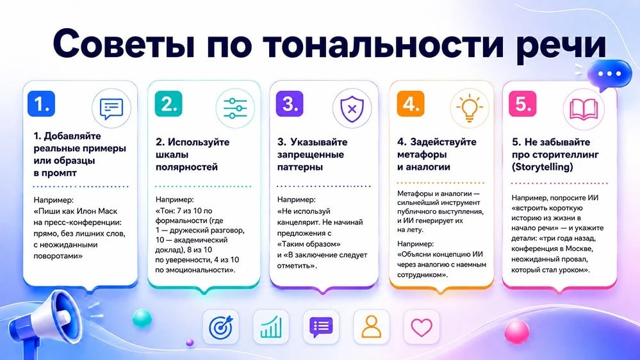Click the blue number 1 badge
pos(41,104)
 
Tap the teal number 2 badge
pos(168,104)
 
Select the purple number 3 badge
pos(290,104)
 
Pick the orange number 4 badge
pos(411,104)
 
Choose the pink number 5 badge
pos(523,104)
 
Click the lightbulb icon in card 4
pos(470,108)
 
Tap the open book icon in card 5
pos(584,110)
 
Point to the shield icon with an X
pos(352,108)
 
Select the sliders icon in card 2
pos(235,108)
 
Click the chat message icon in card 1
pos(111,108)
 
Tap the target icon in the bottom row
pos(221,327)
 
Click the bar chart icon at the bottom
pos(271,327)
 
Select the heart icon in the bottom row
pos(422,327)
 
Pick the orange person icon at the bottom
pos(371,327)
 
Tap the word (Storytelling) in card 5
pos(543,167)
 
